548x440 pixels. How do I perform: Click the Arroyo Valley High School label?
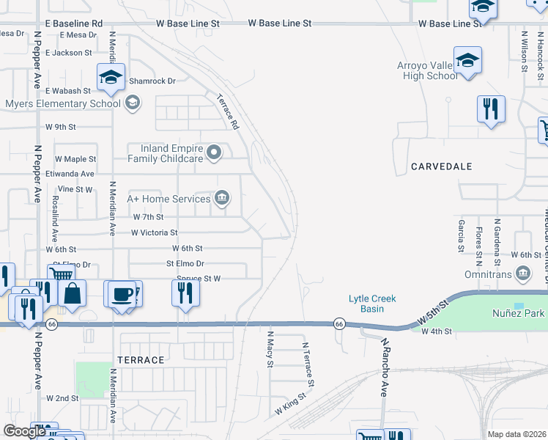coord(427,70)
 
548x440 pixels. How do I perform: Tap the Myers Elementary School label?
coord(63,103)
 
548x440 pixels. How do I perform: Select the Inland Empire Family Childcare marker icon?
coord(214,153)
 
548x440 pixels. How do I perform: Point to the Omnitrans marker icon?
coord(523,274)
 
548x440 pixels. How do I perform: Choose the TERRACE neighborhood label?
coord(141,360)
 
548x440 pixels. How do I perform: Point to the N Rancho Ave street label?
coord(382,367)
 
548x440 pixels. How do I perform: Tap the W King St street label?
coord(290,405)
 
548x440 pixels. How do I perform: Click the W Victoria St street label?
coord(154,232)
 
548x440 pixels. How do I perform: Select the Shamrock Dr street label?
coord(152,81)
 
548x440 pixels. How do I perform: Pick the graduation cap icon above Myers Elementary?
coord(111,76)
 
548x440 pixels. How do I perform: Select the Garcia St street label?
coord(462,235)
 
